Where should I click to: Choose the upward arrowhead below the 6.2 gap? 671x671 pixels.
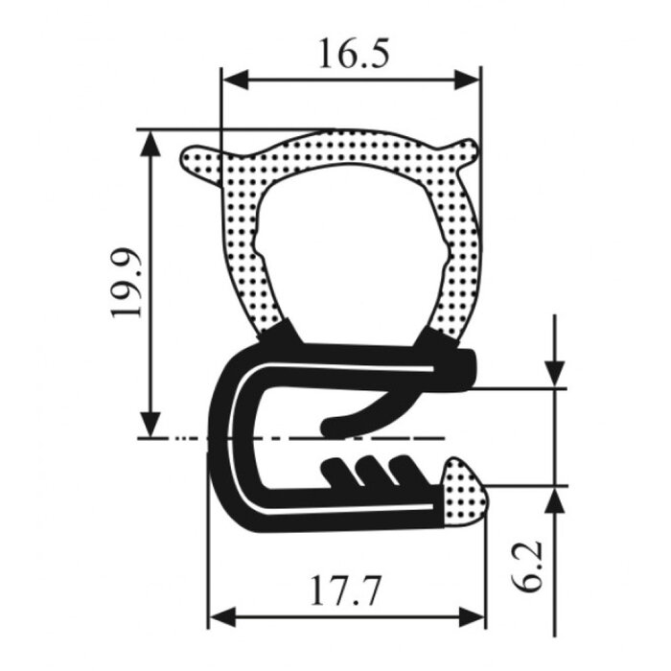click(x=554, y=498)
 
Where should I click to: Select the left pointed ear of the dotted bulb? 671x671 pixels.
click(x=197, y=160)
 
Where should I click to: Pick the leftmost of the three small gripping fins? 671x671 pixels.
click(x=335, y=471)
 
